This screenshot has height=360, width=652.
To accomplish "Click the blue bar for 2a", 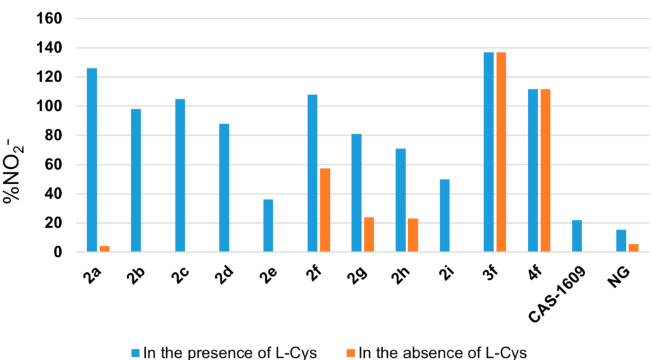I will [92, 160].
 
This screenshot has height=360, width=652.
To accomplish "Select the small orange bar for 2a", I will [104, 248].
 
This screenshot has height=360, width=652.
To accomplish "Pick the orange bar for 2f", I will [325, 210].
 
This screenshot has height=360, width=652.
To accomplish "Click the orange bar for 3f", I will [501, 152].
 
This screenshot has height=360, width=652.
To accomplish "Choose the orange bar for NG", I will [634, 248].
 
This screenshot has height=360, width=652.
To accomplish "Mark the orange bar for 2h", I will [413, 235].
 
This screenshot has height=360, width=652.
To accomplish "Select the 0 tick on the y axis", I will [58, 252].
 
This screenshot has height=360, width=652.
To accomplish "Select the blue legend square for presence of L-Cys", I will [136, 352].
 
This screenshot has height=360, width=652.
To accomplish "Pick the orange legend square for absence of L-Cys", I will [351, 352].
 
